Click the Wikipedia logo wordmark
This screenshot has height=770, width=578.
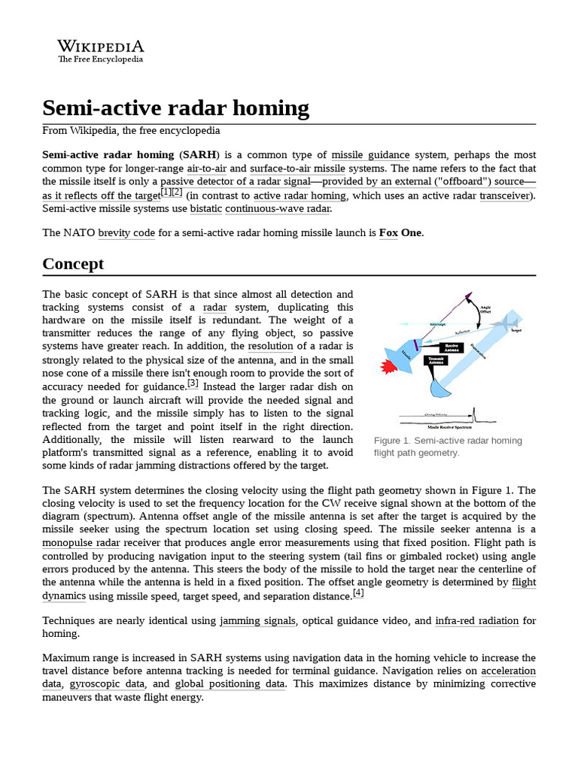pyautogui.click(x=100, y=46)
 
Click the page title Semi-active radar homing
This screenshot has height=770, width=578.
pyautogui.click(x=175, y=108)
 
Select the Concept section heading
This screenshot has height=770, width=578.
pyautogui.click(x=73, y=263)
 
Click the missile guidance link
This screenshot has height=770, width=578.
pyautogui.click(x=370, y=154)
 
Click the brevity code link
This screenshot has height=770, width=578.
pyautogui.click(x=126, y=232)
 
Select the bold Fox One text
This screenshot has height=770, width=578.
pyautogui.click(x=400, y=232)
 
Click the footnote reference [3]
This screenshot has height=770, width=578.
pyautogui.click(x=193, y=383)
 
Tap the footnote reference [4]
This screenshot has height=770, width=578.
pyautogui.click(x=358, y=593)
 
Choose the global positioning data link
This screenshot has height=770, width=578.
pyautogui.click(x=230, y=684)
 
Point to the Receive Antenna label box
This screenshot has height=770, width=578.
pyautogui.click(x=452, y=347)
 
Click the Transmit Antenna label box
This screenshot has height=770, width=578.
pyautogui.click(x=436, y=361)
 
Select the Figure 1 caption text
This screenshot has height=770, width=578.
pyautogui.click(x=448, y=447)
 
